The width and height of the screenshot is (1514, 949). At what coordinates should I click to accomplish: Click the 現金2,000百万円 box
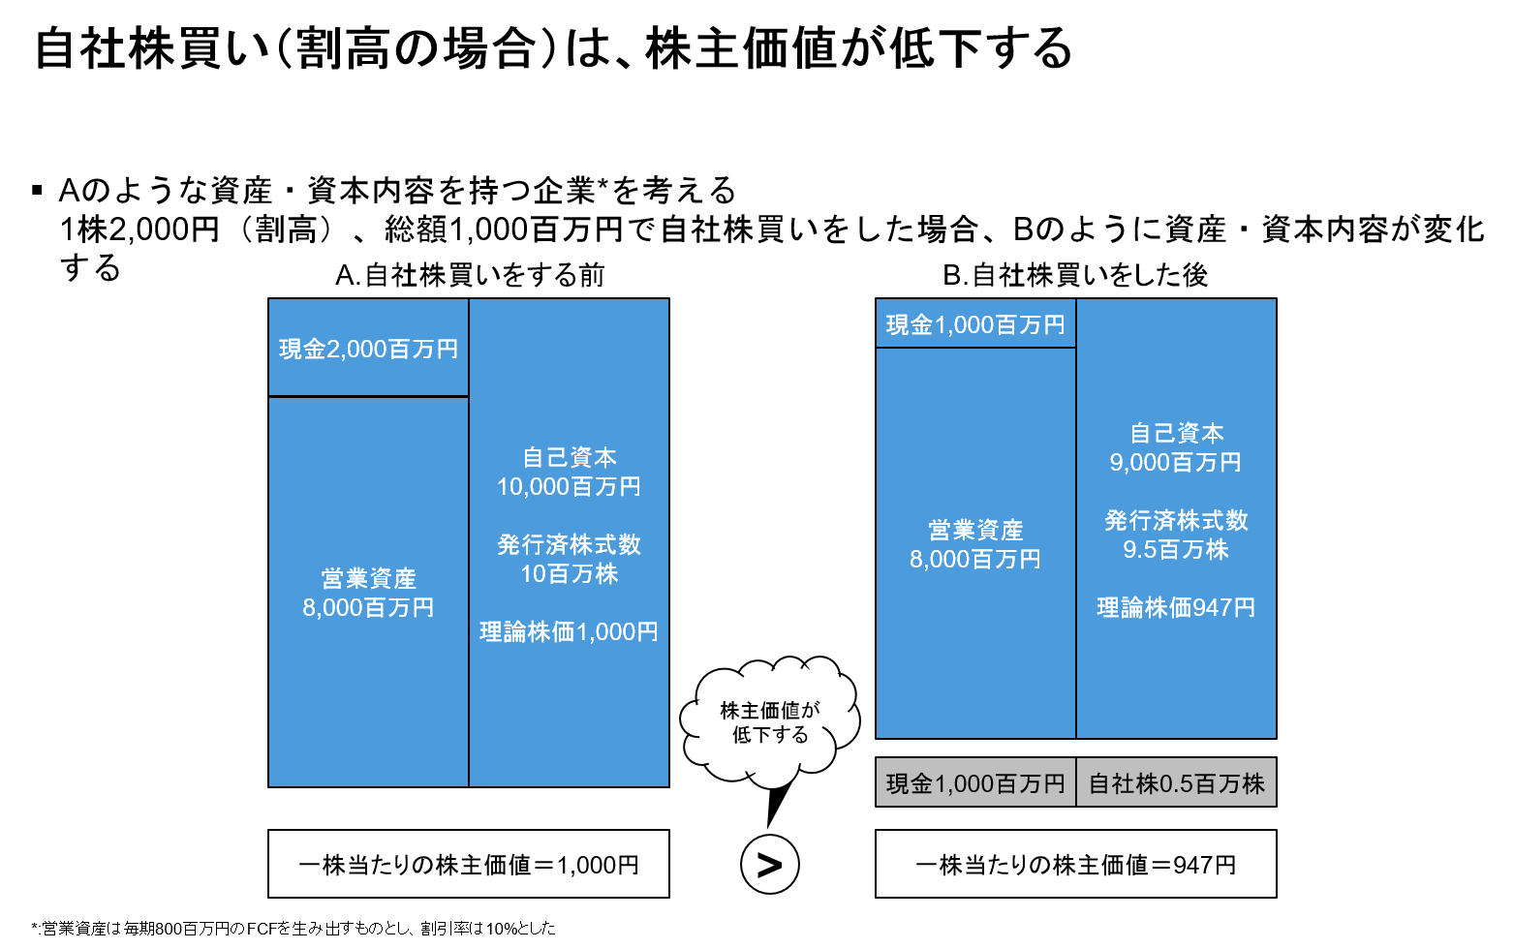(x=368, y=349)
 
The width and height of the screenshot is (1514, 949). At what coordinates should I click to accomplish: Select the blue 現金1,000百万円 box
(x=975, y=324)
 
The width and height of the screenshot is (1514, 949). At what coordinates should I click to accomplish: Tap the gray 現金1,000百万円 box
(x=975, y=782)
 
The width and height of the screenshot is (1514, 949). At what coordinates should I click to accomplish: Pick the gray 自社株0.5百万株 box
(x=1176, y=782)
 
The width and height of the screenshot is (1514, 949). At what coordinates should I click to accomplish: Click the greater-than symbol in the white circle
(x=769, y=865)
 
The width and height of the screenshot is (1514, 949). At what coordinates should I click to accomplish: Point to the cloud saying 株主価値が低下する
(x=770, y=721)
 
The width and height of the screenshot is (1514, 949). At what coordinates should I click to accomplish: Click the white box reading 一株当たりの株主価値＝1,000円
(x=468, y=864)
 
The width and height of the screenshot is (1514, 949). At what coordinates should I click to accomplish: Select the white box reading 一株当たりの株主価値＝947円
(x=1075, y=864)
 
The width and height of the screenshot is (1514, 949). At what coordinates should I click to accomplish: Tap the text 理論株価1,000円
(x=569, y=631)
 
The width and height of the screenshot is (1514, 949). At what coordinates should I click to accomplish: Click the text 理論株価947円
(x=1176, y=607)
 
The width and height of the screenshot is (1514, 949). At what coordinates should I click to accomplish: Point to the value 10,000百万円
(x=569, y=486)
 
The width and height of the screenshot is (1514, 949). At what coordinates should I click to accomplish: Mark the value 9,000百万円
(x=1176, y=462)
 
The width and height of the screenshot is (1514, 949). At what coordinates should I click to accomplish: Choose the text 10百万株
(x=569, y=573)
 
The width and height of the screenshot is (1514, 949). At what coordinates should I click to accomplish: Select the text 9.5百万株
(x=1176, y=549)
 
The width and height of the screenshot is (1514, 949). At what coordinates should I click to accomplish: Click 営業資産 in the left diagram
(x=368, y=578)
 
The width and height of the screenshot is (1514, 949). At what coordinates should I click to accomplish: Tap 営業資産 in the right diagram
(x=975, y=530)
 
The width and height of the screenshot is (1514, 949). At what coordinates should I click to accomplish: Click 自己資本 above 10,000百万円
(x=569, y=457)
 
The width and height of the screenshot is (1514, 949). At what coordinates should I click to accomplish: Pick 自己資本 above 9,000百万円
(x=1176, y=433)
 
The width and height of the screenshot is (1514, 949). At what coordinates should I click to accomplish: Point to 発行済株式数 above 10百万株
(x=569, y=544)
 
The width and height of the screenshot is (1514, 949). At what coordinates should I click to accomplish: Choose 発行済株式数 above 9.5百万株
(x=1176, y=520)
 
